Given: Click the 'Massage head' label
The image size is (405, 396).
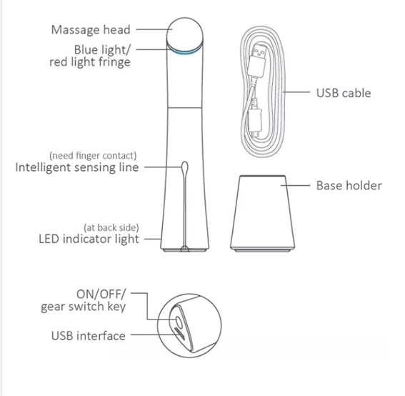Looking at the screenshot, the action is (91, 30).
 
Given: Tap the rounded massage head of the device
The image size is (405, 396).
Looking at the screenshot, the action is (184, 32).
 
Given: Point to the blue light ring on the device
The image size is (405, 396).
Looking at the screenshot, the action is (184, 51).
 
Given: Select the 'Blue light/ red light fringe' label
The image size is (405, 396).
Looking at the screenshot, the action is (90, 56).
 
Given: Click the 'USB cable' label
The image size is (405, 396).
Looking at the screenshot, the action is (344, 93).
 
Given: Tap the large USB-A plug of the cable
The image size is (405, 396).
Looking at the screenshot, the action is (259, 61).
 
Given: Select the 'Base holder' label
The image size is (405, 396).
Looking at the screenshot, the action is (349, 186).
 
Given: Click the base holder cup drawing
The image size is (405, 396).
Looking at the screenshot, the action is (262, 213).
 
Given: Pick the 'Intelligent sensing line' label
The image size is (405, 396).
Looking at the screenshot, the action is (77, 167).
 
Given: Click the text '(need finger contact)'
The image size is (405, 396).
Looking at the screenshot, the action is (93, 156).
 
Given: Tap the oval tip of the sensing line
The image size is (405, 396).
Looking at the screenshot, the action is (185, 167).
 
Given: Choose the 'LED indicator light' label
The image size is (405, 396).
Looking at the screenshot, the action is (89, 239).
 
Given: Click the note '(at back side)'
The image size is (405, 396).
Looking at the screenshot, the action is (111, 228).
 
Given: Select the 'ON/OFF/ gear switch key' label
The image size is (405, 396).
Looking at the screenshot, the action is (84, 300).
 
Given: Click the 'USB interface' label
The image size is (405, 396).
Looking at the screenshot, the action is (89, 336).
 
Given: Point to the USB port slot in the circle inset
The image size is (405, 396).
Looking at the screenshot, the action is (179, 333).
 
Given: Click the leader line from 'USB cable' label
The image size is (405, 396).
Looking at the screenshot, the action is (296, 91).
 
